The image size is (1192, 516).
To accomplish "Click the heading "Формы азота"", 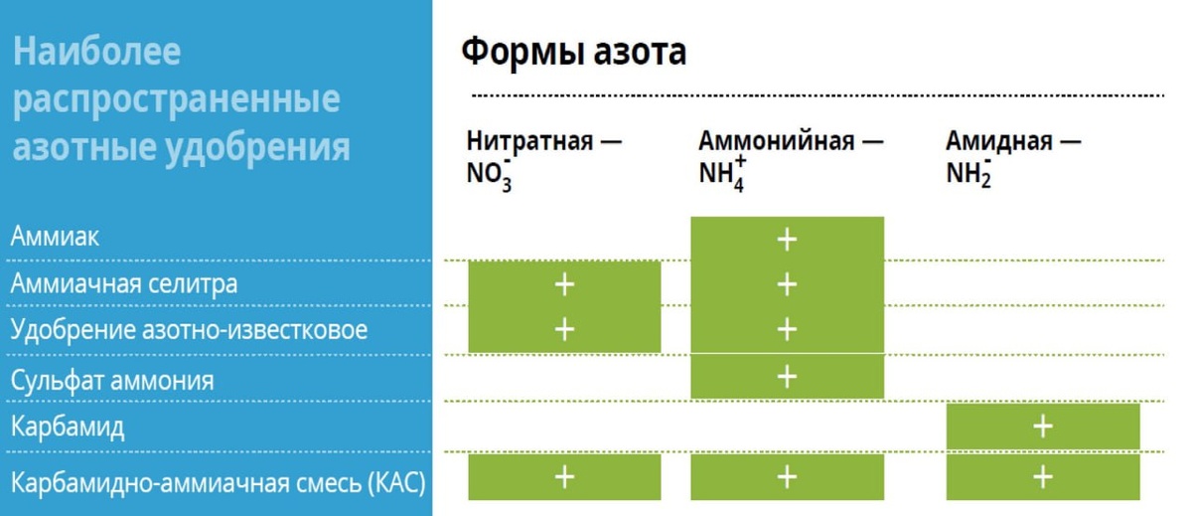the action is coord(573,52).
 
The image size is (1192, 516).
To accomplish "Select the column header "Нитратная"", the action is coord(532,141).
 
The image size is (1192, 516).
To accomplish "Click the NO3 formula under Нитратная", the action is coord(490,174).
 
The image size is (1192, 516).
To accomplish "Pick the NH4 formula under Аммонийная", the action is coord(721,174).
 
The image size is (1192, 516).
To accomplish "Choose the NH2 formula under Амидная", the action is coord(969,174).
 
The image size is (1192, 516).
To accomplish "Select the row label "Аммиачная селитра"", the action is coord(124,284).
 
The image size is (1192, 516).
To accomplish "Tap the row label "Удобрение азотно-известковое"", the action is coord(189,330).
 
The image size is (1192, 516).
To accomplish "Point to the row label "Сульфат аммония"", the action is coord(112,380).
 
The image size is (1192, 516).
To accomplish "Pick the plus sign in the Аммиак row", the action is coord(787,239).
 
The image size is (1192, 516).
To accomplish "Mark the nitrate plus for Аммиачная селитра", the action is coord(564,284).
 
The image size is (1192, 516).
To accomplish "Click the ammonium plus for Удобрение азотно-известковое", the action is coord(787,329).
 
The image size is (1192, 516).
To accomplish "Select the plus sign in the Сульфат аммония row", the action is coord(787,376).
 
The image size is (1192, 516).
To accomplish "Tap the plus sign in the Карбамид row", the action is coord(1042,427).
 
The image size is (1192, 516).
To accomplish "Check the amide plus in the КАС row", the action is coord(1042,477).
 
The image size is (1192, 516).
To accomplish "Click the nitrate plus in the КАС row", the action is coord(564,477).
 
